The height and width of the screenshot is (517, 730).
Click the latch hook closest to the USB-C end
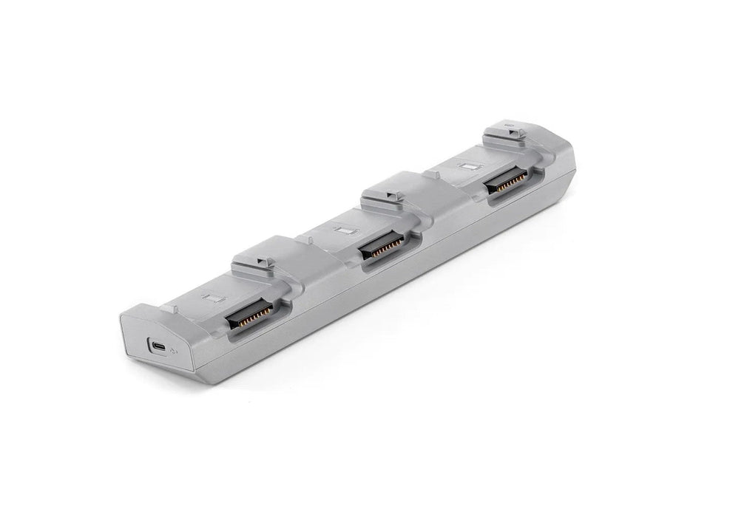pos(266,262)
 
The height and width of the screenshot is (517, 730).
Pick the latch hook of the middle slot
pos(394,196)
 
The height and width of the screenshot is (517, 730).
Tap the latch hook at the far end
pos(515,131)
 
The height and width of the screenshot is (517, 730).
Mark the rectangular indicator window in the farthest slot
pos(468,165)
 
